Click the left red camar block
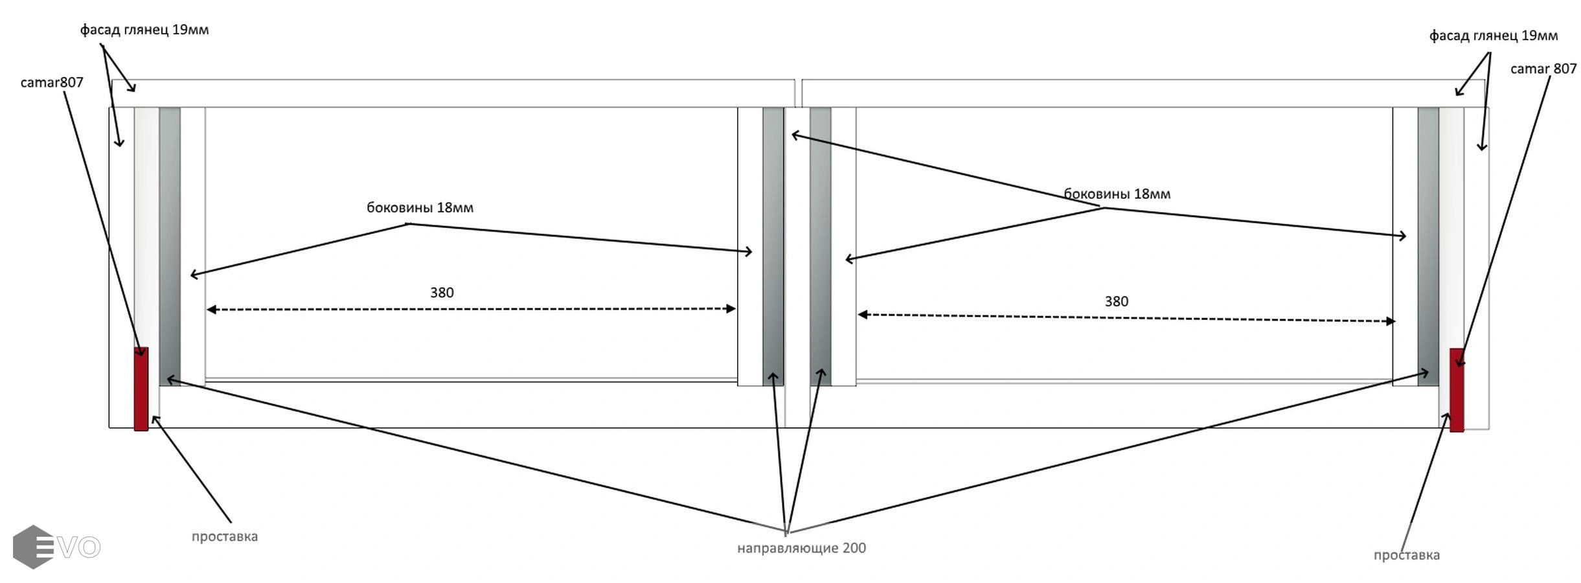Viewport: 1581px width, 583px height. (x=141, y=389)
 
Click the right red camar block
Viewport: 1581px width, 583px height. (x=1456, y=390)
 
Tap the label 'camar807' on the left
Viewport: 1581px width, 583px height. (x=52, y=82)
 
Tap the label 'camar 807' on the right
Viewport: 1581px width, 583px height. (x=1543, y=69)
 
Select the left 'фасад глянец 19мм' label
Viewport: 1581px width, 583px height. (x=144, y=30)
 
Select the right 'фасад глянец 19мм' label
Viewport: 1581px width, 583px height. (x=1493, y=36)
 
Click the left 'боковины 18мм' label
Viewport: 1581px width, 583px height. (x=420, y=208)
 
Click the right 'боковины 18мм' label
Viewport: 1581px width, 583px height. (x=1117, y=194)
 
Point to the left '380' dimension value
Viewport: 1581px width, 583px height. (x=442, y=293)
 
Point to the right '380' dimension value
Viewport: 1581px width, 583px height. (x=1116, y=301)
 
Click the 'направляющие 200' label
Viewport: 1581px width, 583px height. (x=801, y=548)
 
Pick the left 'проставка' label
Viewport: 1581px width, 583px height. (x=224, y=536)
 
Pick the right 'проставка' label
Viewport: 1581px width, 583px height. (x=1406, y=555)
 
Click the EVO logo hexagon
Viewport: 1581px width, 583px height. (x=32, y=547)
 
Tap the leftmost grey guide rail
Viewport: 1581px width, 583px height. (x=170, y=246)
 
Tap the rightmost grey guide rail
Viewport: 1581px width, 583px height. (x=1427, y=246)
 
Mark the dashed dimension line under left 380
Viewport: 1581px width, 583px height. (x=471, y=310)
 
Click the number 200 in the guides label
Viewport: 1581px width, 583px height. (x=854, y=548)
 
